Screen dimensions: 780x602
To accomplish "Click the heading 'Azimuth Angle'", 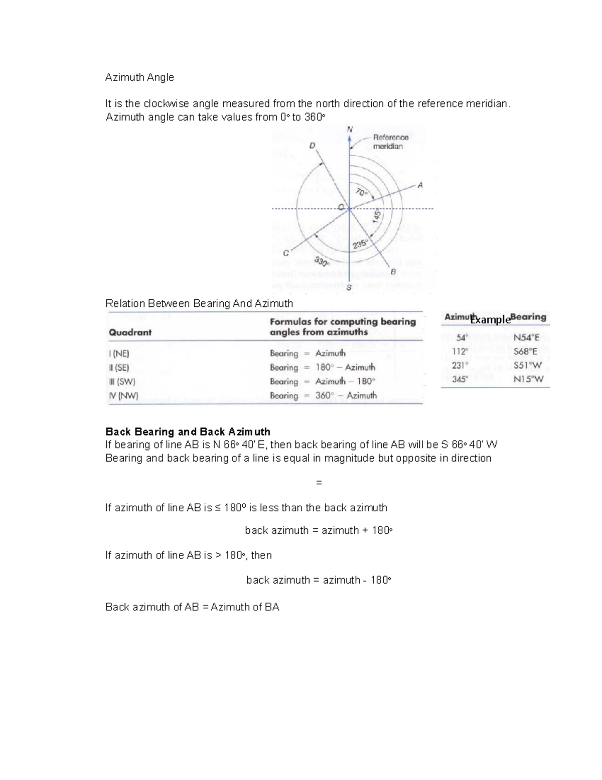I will point(139,77).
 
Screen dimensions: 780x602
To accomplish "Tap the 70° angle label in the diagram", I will point(362,192).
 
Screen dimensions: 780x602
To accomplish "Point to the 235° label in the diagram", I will point(360,244).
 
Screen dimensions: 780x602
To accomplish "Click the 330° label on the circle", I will point(322,261).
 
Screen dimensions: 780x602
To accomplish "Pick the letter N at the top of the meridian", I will point(350,129).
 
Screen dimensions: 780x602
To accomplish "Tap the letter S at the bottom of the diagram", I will point(349,288).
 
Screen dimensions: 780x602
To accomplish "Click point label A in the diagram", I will point(420,185).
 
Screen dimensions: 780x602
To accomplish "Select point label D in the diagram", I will point(313,146).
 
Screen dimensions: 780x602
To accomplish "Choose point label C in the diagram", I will point(285,254).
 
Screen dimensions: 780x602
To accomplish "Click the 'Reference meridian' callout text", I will point(390,142).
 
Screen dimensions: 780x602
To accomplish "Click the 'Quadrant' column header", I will point(130,332).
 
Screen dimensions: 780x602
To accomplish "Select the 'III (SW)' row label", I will point(122,381).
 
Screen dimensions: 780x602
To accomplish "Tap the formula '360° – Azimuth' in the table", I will point(346,395).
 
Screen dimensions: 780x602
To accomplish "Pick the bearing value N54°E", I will point(526,338).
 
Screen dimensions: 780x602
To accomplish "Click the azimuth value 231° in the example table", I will point(460,365).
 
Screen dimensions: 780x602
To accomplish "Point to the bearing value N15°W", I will point(528,379).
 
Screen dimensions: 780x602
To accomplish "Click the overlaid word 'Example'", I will point(491,320).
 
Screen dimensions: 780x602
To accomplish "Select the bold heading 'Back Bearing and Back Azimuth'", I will point(188,431).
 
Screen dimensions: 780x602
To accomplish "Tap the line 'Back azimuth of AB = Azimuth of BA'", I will point(192,607).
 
